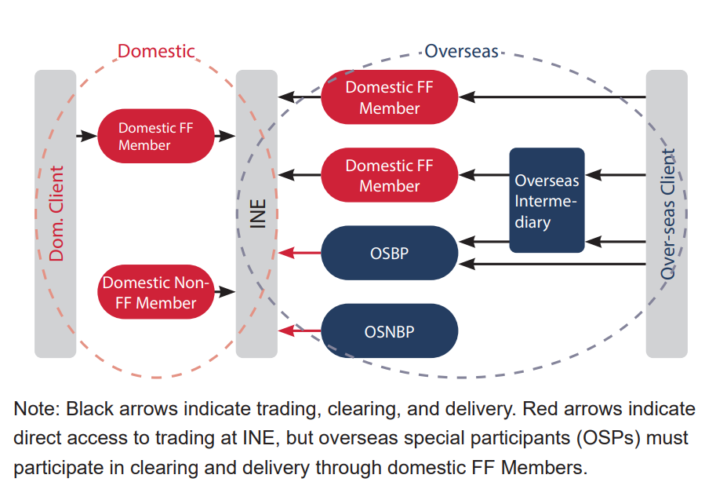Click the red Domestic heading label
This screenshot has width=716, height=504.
pyautogui.click(x=155, y=52)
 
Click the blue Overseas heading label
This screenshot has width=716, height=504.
pyautogui.click(x=461, y=52)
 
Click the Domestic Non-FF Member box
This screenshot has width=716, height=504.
pyautogui.click(x=156, y=292)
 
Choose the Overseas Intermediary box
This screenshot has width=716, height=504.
pyautogui.click(x=547, y=201)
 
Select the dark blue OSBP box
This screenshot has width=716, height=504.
pyautogui.click(x=389, y=254)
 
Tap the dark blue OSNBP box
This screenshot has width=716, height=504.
pyautogui.click(x=389, y=331)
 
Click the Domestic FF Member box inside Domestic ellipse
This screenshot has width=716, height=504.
pyautogui.click(x=156, y=136)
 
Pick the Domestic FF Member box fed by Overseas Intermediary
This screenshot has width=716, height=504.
pyautogui.click(x=389, y=175)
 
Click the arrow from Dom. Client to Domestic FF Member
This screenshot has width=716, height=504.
pyautogui.click(x=86, y=136)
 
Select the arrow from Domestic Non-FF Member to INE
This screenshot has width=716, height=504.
pyautogui.click(x=225, y=292)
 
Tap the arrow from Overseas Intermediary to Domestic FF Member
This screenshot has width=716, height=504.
pyautogui.click(x=483, y=175)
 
